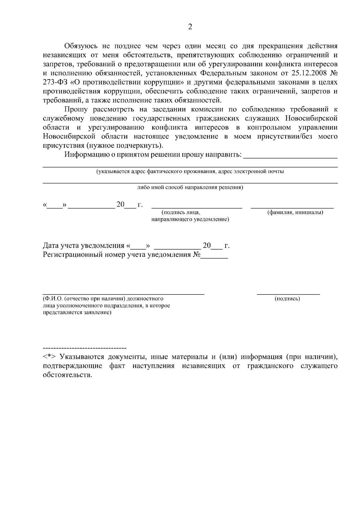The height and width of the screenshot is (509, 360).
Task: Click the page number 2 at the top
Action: click(x=190, y=27)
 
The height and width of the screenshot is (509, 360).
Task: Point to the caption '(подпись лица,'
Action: click(x=181, y=213)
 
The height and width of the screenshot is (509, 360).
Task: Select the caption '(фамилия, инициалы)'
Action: click(x=295, y=213)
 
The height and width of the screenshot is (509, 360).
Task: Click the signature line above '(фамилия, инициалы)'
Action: click(x=292, y=208)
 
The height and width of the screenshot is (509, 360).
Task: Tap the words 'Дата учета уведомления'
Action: click(x=83, y=246)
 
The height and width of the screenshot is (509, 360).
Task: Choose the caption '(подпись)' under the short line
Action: click(x=287, y=299)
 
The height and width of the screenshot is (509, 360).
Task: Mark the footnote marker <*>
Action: click(x=49, y=357)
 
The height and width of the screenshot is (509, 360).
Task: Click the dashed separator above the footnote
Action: click(x=85, y=348)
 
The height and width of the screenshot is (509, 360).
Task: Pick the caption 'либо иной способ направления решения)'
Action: click(x=190, y=188)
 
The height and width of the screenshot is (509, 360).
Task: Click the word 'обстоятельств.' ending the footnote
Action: click(x=67, y=375)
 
